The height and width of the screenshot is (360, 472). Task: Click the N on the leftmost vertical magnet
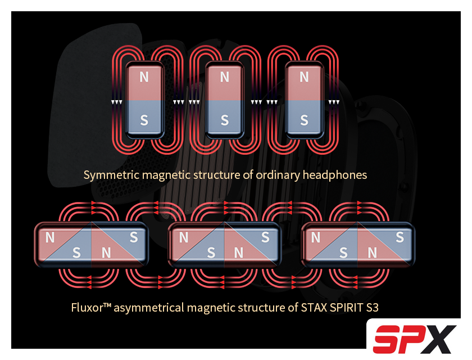pyautogui.click(x=144, y=77)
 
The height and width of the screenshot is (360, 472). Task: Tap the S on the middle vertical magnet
pyautogui.click(x=225, y=120)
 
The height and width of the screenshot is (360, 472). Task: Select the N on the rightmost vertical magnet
pyautogui.click(x=304, y=77)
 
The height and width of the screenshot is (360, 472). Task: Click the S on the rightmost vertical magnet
pyautogui.click(x=304, y=120)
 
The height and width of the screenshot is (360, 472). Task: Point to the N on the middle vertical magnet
pyautogui.click(x=225, y=77)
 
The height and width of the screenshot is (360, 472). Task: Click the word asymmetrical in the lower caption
pyautogui.click(x=149, y=308)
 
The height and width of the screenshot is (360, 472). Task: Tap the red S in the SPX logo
pyautogui.click(x=390, y=339)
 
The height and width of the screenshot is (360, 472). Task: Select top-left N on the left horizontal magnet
pyautogui.click(x=50, y=238)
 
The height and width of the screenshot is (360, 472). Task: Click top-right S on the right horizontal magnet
pyautogui.click(x=400, y=237)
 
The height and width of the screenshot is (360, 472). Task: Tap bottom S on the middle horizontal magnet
pyautogui.click(x=211, y=253)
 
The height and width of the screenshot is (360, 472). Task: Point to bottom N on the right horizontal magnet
pyautogui.click(x=373, y=253)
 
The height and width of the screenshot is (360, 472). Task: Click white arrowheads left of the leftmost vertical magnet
pyautogui.click(x=117, y=102)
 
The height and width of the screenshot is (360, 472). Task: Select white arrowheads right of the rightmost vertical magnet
pyautogui.click(x=334, y=102)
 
